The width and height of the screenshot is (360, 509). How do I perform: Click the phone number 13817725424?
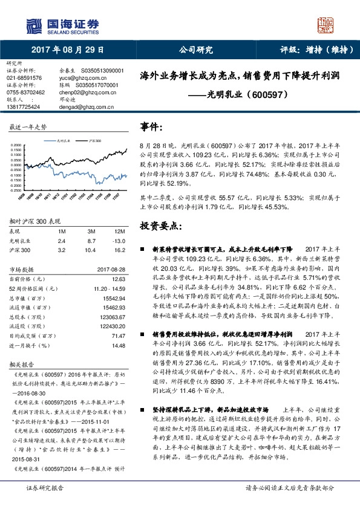pos(23,106)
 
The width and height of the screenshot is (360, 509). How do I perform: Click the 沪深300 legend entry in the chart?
pos(94,140)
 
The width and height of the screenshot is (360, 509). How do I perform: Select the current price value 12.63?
pos(119,279)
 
